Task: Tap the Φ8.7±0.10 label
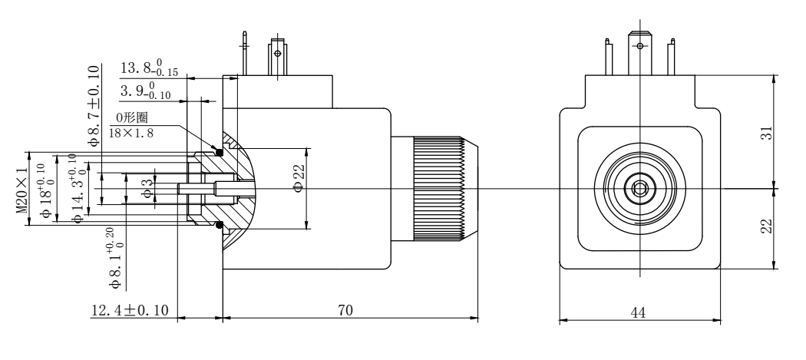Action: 94,105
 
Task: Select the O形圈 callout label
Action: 131,118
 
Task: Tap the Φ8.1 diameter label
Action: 117,259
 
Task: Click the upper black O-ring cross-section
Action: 220,151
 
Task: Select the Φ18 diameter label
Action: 48,190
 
